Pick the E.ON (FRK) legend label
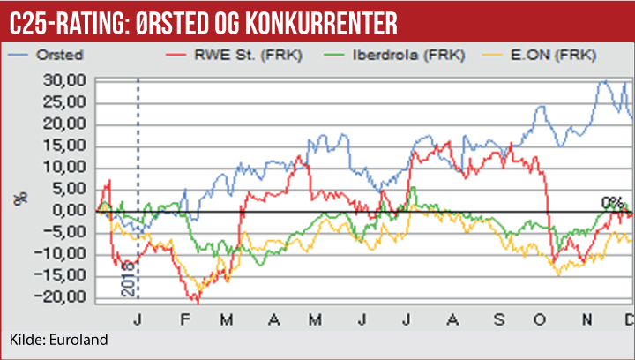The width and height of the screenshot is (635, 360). tap(552, 55)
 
